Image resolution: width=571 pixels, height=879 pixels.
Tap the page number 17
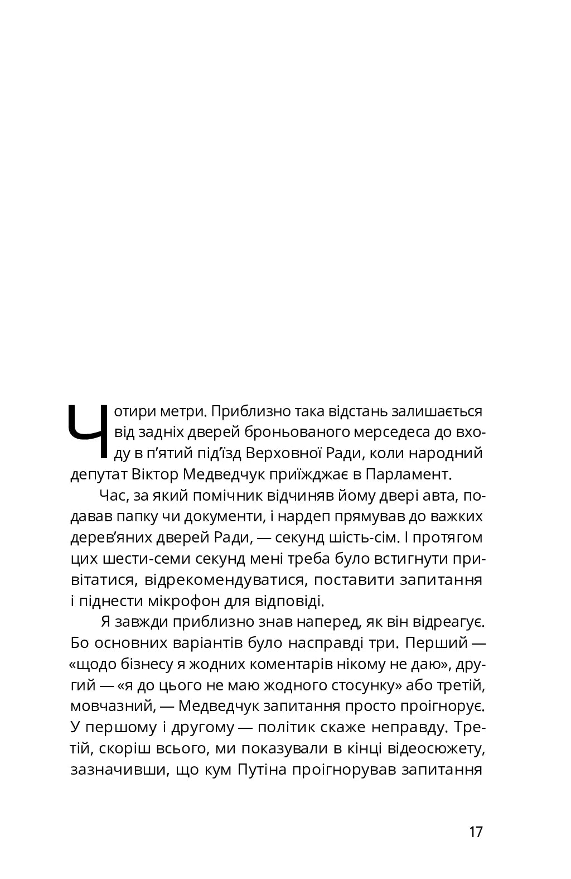476,832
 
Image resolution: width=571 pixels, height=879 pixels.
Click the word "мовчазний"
112,706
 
